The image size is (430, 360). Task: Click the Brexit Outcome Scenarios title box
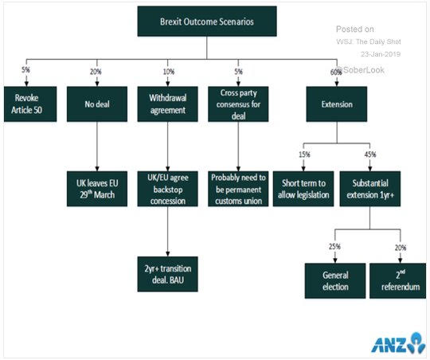207,22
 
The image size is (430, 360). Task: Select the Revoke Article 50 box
30,104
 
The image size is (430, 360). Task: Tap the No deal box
97,104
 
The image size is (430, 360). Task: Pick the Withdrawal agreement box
167,104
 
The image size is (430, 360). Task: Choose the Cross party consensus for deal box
238,104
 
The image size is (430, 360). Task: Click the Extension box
337,104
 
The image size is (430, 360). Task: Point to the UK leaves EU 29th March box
97,189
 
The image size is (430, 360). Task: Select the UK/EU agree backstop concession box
167,189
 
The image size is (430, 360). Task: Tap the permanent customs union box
238,189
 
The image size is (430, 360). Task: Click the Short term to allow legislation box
303,189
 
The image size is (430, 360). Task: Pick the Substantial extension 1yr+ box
370,189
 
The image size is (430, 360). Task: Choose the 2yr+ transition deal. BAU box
167,274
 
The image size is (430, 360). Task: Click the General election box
335,280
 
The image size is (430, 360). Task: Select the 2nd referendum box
398,280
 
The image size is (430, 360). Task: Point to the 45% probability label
370,155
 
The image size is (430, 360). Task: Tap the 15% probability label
304,155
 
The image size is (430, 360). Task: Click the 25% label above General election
334,246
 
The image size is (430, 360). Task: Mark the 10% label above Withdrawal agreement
169,72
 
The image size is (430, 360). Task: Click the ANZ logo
398,343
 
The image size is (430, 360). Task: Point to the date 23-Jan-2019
381,54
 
